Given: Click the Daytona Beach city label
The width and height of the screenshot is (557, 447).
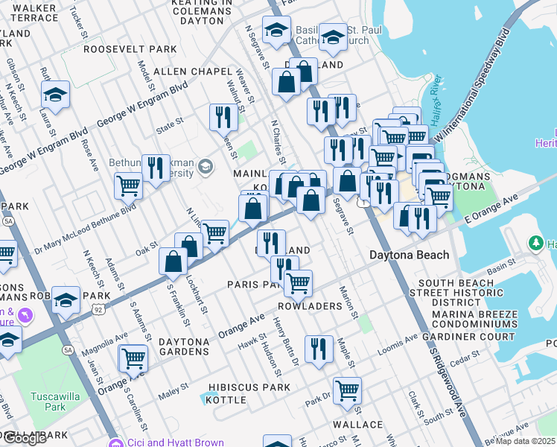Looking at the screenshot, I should click(x=410, y=255).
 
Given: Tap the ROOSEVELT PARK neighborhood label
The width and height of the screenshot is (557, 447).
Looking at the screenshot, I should click(x=130, y=49).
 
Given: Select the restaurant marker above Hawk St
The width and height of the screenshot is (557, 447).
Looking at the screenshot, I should click(x=319, y=349).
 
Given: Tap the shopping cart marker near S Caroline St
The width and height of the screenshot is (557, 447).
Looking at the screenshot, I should click(x=134, y=358).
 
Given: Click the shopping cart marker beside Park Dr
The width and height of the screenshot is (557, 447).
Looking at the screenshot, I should click(x=347, y=390).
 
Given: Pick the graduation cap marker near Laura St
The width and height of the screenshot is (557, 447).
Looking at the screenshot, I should click(x=55, y=94).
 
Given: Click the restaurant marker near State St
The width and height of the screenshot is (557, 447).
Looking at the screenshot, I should click(x=223, y=116).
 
